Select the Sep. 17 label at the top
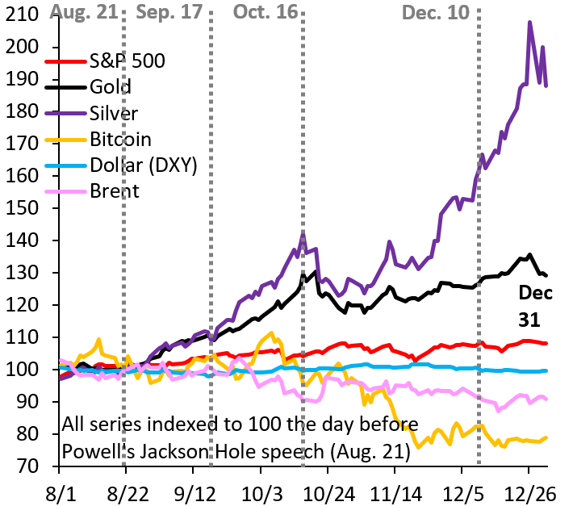click(171, 12)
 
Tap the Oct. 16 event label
click(266, 12)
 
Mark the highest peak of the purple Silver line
click(529, 23)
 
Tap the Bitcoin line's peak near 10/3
click(272, 332)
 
